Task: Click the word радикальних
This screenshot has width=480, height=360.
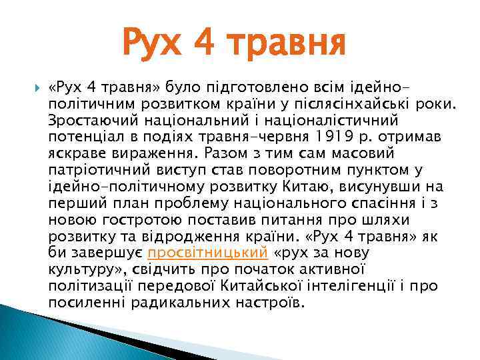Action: click(x=188, y=303)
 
